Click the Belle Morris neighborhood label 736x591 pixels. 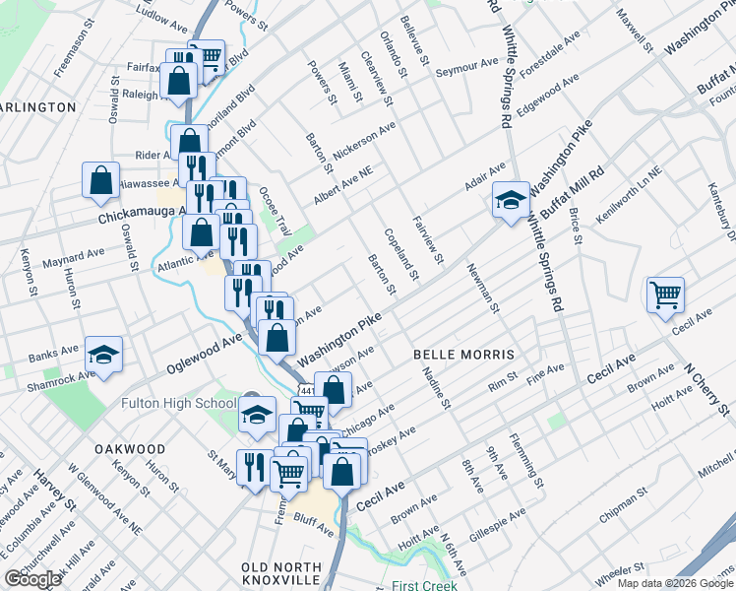point(464,353)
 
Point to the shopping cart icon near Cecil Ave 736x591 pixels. point(666,294)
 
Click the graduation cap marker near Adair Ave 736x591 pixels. point(509,202)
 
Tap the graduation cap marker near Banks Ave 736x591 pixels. point(102,355)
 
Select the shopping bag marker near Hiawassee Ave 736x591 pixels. point(101,180)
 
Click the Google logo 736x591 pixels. point(32,580)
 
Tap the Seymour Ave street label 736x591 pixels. point(467,65)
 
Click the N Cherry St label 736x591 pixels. point(709,389)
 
